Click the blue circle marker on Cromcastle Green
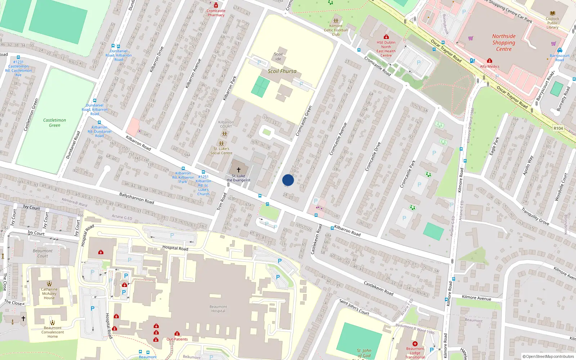[288, 180]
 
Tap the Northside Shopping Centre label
[504, 42]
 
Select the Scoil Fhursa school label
[282, 71]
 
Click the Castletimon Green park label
[55, 123]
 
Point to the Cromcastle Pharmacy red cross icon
[216, 5]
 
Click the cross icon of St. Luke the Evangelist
[238, 170]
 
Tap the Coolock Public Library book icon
[552, 13]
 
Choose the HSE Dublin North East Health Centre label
[386, 49]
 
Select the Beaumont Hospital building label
[218, 309]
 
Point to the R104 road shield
[558, 128]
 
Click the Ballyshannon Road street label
[136, 198]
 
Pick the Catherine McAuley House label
[49, 293]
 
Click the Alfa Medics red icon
[490, 61]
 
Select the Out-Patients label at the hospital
[177, 339]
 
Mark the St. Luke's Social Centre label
[221, 151]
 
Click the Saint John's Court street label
[354, 307]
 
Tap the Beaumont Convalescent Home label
[53, 332]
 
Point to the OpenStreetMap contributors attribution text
[550, 356]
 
